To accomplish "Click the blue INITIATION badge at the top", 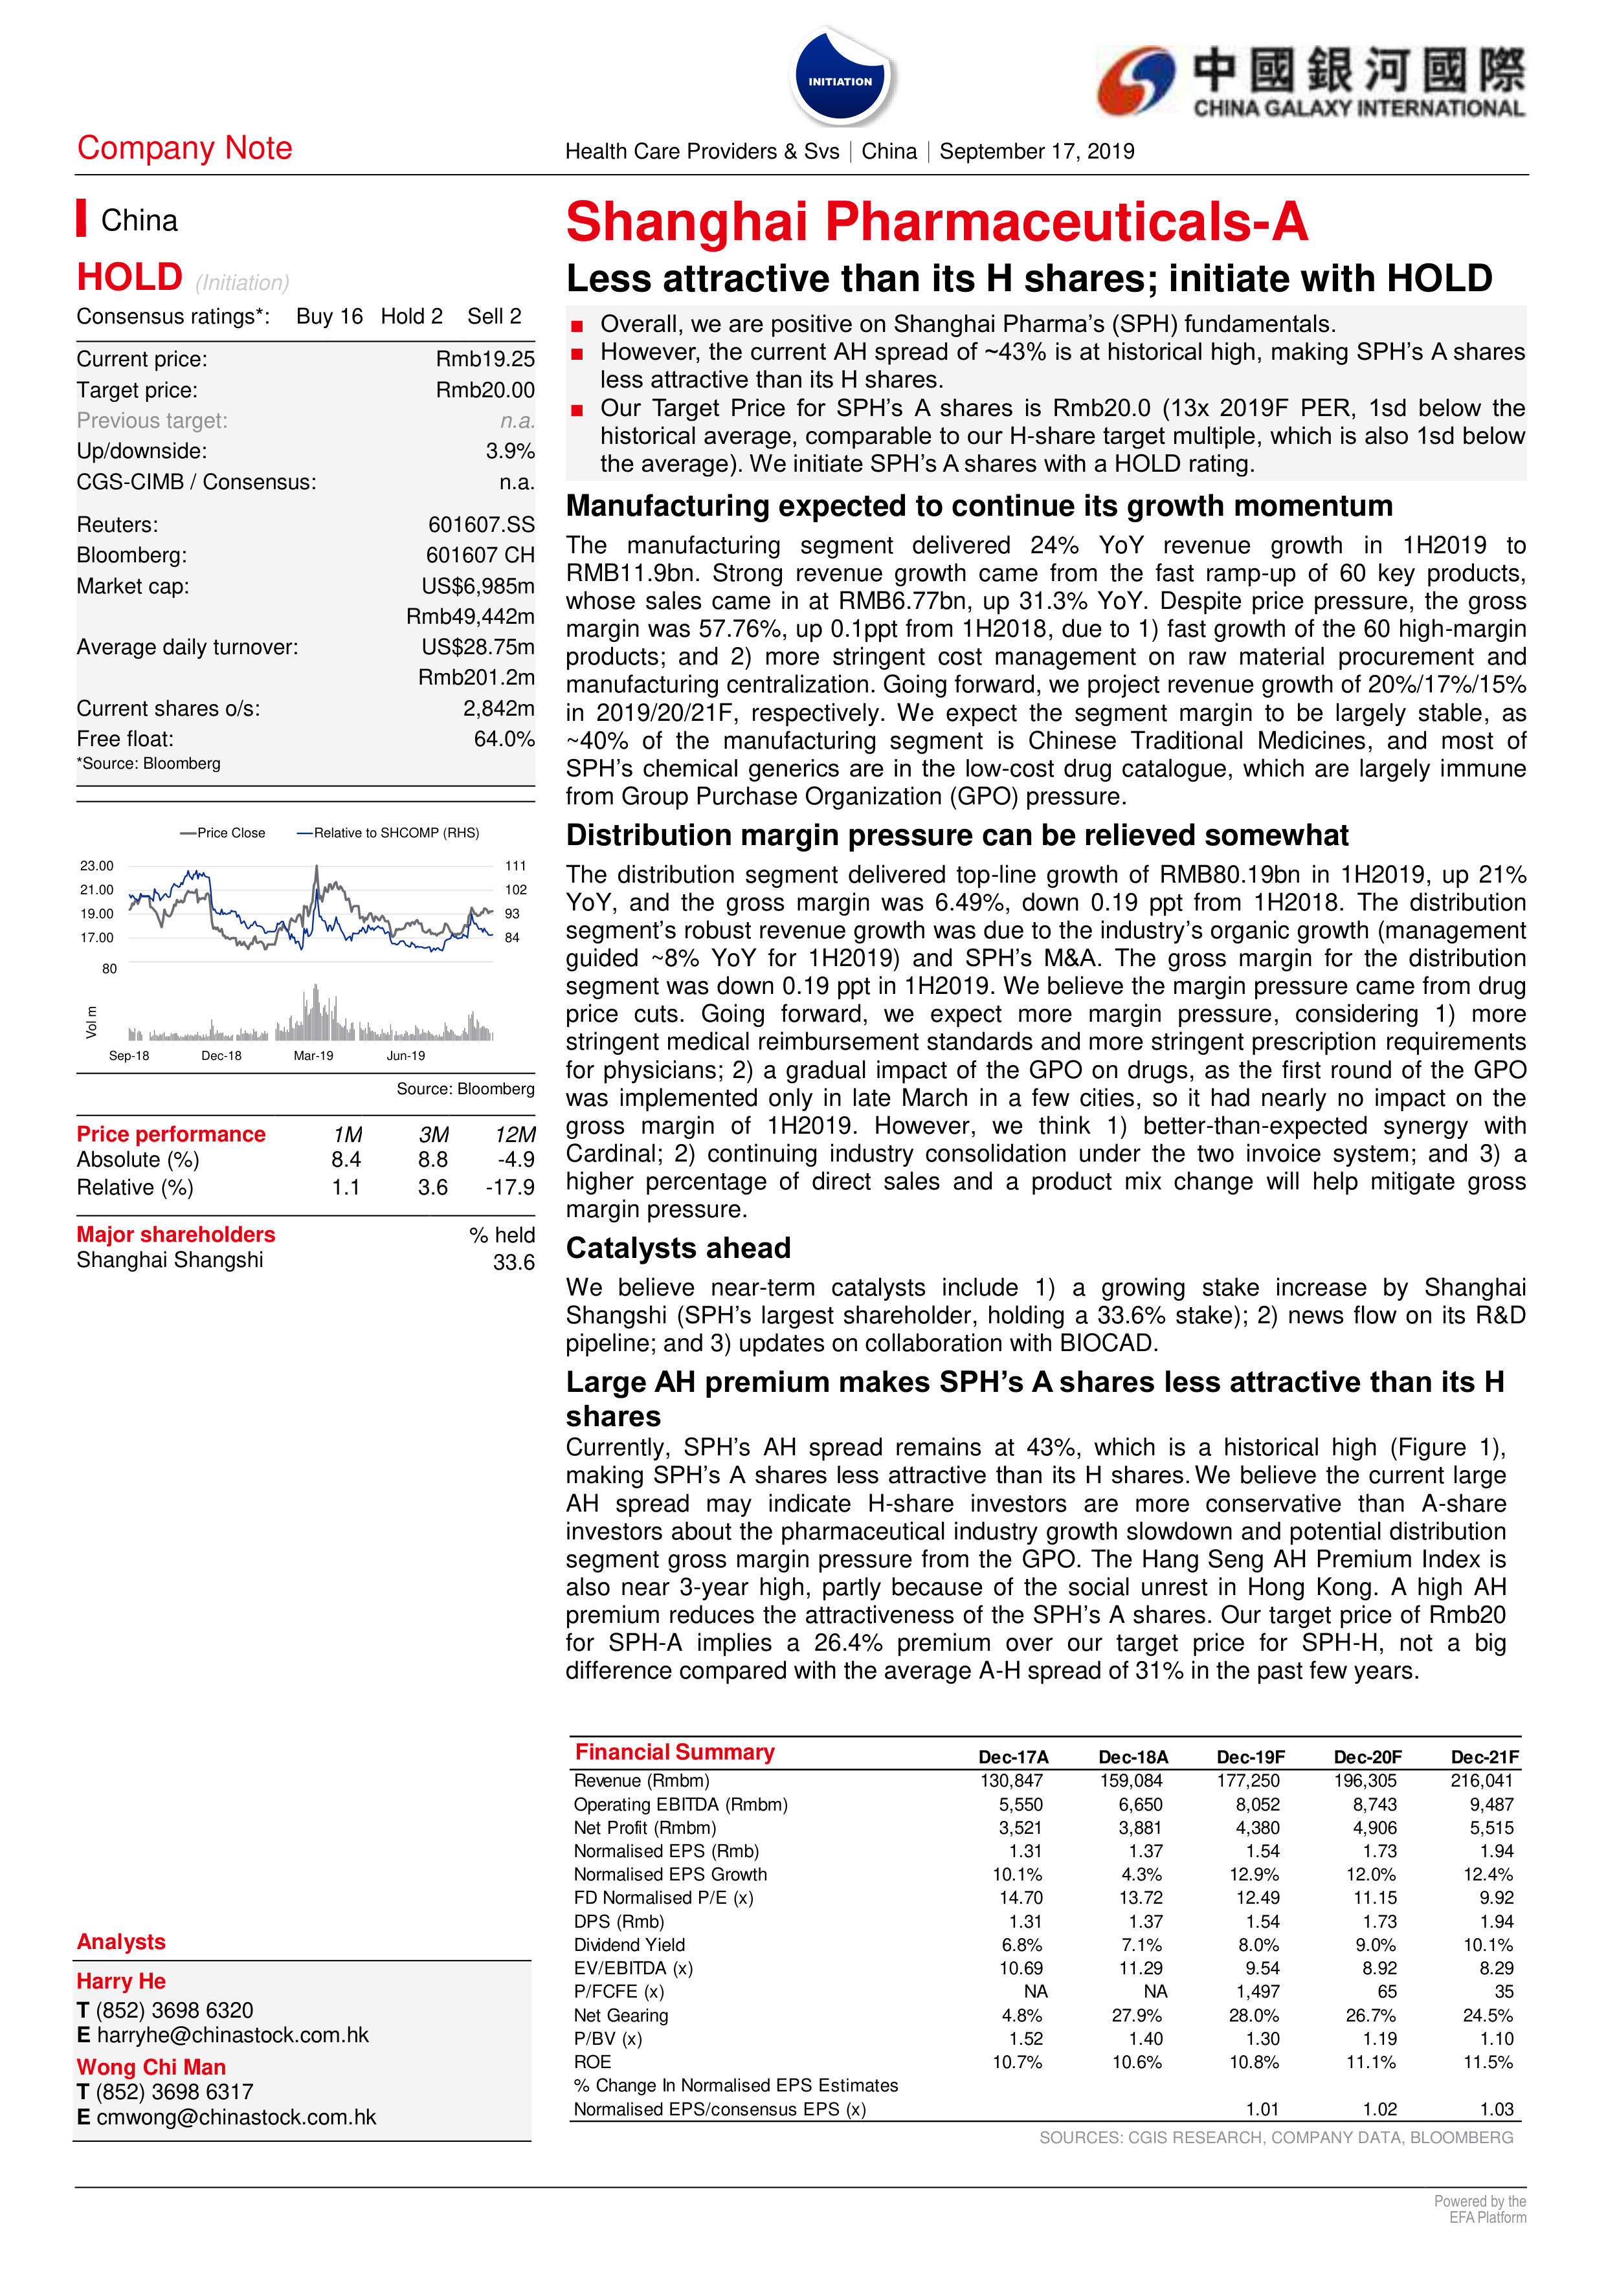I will [841, 79].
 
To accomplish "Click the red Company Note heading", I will [185, 148].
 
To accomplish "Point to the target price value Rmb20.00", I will [485, 391].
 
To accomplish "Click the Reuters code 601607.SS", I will [480, 525].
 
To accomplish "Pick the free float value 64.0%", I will [504, 740].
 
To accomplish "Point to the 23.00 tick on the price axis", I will [97, 866].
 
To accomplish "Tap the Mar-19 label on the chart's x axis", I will [313, 1056].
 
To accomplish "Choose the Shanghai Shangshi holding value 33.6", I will [513, 1262].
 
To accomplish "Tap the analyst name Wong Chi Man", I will [151, 2067].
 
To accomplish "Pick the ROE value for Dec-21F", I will [1488, 2062].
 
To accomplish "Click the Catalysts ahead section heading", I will [678, 1249].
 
